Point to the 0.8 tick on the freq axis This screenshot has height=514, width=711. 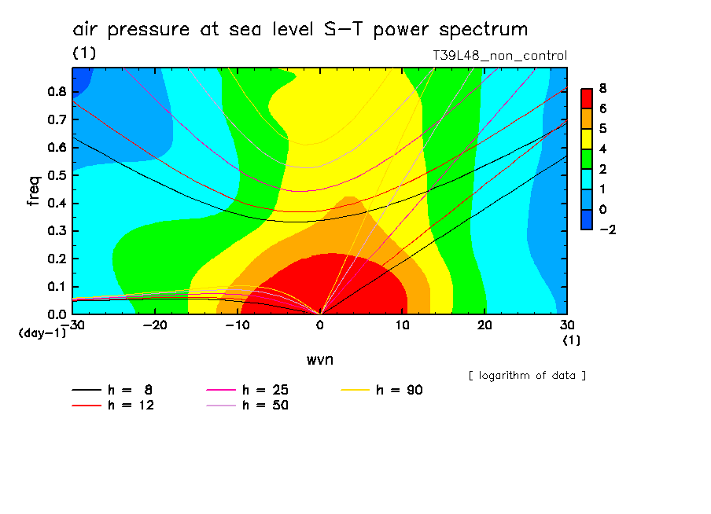(57, 91)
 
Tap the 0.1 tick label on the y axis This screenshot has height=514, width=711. (57, 287)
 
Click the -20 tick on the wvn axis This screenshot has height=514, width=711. (155, 325)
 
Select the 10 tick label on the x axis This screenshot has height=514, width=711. (402, 325)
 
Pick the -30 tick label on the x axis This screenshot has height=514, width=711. (72, 325)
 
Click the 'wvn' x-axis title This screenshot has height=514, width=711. (319, 359)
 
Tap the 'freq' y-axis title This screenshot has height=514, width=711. (33, 191)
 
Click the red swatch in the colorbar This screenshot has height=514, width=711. (586, 97)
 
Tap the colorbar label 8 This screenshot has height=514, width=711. (602, 87)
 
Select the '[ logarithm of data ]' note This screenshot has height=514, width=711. (527, 375)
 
